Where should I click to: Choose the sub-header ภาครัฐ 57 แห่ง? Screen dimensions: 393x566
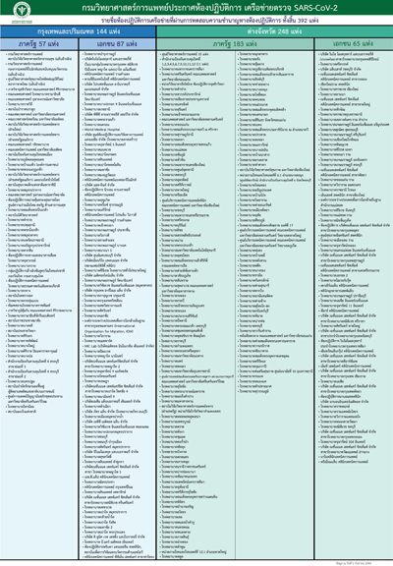[40, 46]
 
